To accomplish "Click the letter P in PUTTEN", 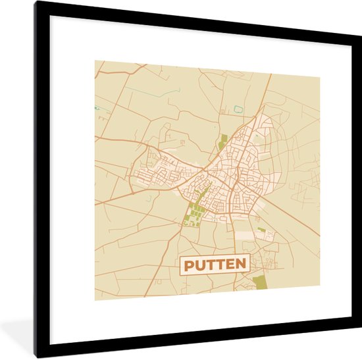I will pos(188,265).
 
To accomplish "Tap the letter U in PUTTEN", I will pos(199,265).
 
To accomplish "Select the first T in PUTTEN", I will pos(209,265).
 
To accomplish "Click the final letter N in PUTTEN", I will pos(240,265).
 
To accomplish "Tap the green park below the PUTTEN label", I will pos(261,282).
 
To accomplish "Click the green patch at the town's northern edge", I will pos(223,141).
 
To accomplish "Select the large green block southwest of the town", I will pos(195,214).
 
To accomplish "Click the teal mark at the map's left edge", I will pos(97,107).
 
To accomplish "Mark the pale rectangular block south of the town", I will pos(245,234).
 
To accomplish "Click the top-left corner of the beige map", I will pos(94,61).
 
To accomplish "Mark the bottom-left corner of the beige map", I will pos(94,300).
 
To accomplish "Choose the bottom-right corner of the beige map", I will pos(320,288).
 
